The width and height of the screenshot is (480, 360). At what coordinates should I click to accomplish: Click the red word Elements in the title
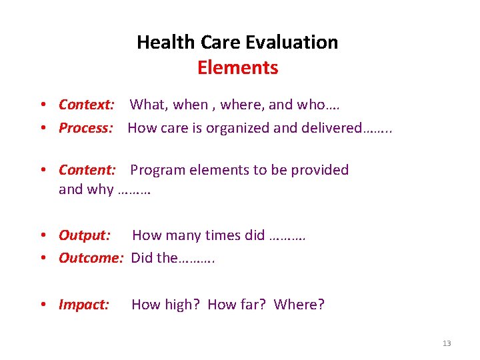[237, 67]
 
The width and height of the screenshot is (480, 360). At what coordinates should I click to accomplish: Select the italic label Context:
[87, 105]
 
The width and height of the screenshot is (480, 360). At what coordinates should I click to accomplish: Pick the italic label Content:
[87, 170]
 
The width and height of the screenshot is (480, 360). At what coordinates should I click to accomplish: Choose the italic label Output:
[85, 235]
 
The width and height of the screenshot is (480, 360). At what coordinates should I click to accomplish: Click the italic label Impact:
[84, 305]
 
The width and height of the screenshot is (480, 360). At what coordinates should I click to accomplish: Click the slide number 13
[446, 343]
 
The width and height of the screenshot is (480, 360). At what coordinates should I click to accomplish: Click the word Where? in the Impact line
[299, 305]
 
